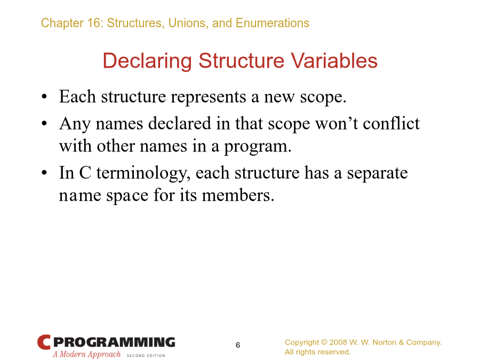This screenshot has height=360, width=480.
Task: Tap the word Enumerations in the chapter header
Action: [273, 23]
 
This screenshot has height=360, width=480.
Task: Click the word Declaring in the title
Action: [147, 61]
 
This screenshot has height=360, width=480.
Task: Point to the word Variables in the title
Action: [334, 60]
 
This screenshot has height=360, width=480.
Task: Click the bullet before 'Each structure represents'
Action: [44, 97]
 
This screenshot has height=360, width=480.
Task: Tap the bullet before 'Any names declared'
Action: [44, 124]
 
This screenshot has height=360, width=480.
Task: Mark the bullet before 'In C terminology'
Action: [44, 173]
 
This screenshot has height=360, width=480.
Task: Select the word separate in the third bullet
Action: [377, 173]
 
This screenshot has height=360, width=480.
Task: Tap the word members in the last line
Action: [238, 195]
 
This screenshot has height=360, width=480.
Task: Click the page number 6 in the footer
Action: [238, 345]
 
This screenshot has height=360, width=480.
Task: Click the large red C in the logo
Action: [44, 342]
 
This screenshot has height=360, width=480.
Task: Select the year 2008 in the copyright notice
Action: [338, 342]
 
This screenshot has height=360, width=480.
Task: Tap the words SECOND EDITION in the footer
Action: [146, 355]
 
